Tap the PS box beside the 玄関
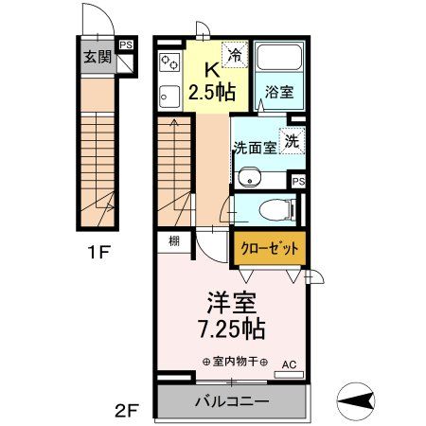pyautogui.click(x=126, y=44)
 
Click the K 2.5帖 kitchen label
pyautogui.click(x=212, y=80)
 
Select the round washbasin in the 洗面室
pyautogui.click(x=249, y=175)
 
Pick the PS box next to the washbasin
pyautogui.click(x=298, y=181)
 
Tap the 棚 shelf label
pyautogui.click(x=175, y=240)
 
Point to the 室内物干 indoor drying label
pyautogui.click(x=235, y=361)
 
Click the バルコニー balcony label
pyautogui.click(x=233, y=401)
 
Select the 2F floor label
pyautogui.click(x=128, y=411)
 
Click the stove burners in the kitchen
pyautogui.click(x=171, y=63)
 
